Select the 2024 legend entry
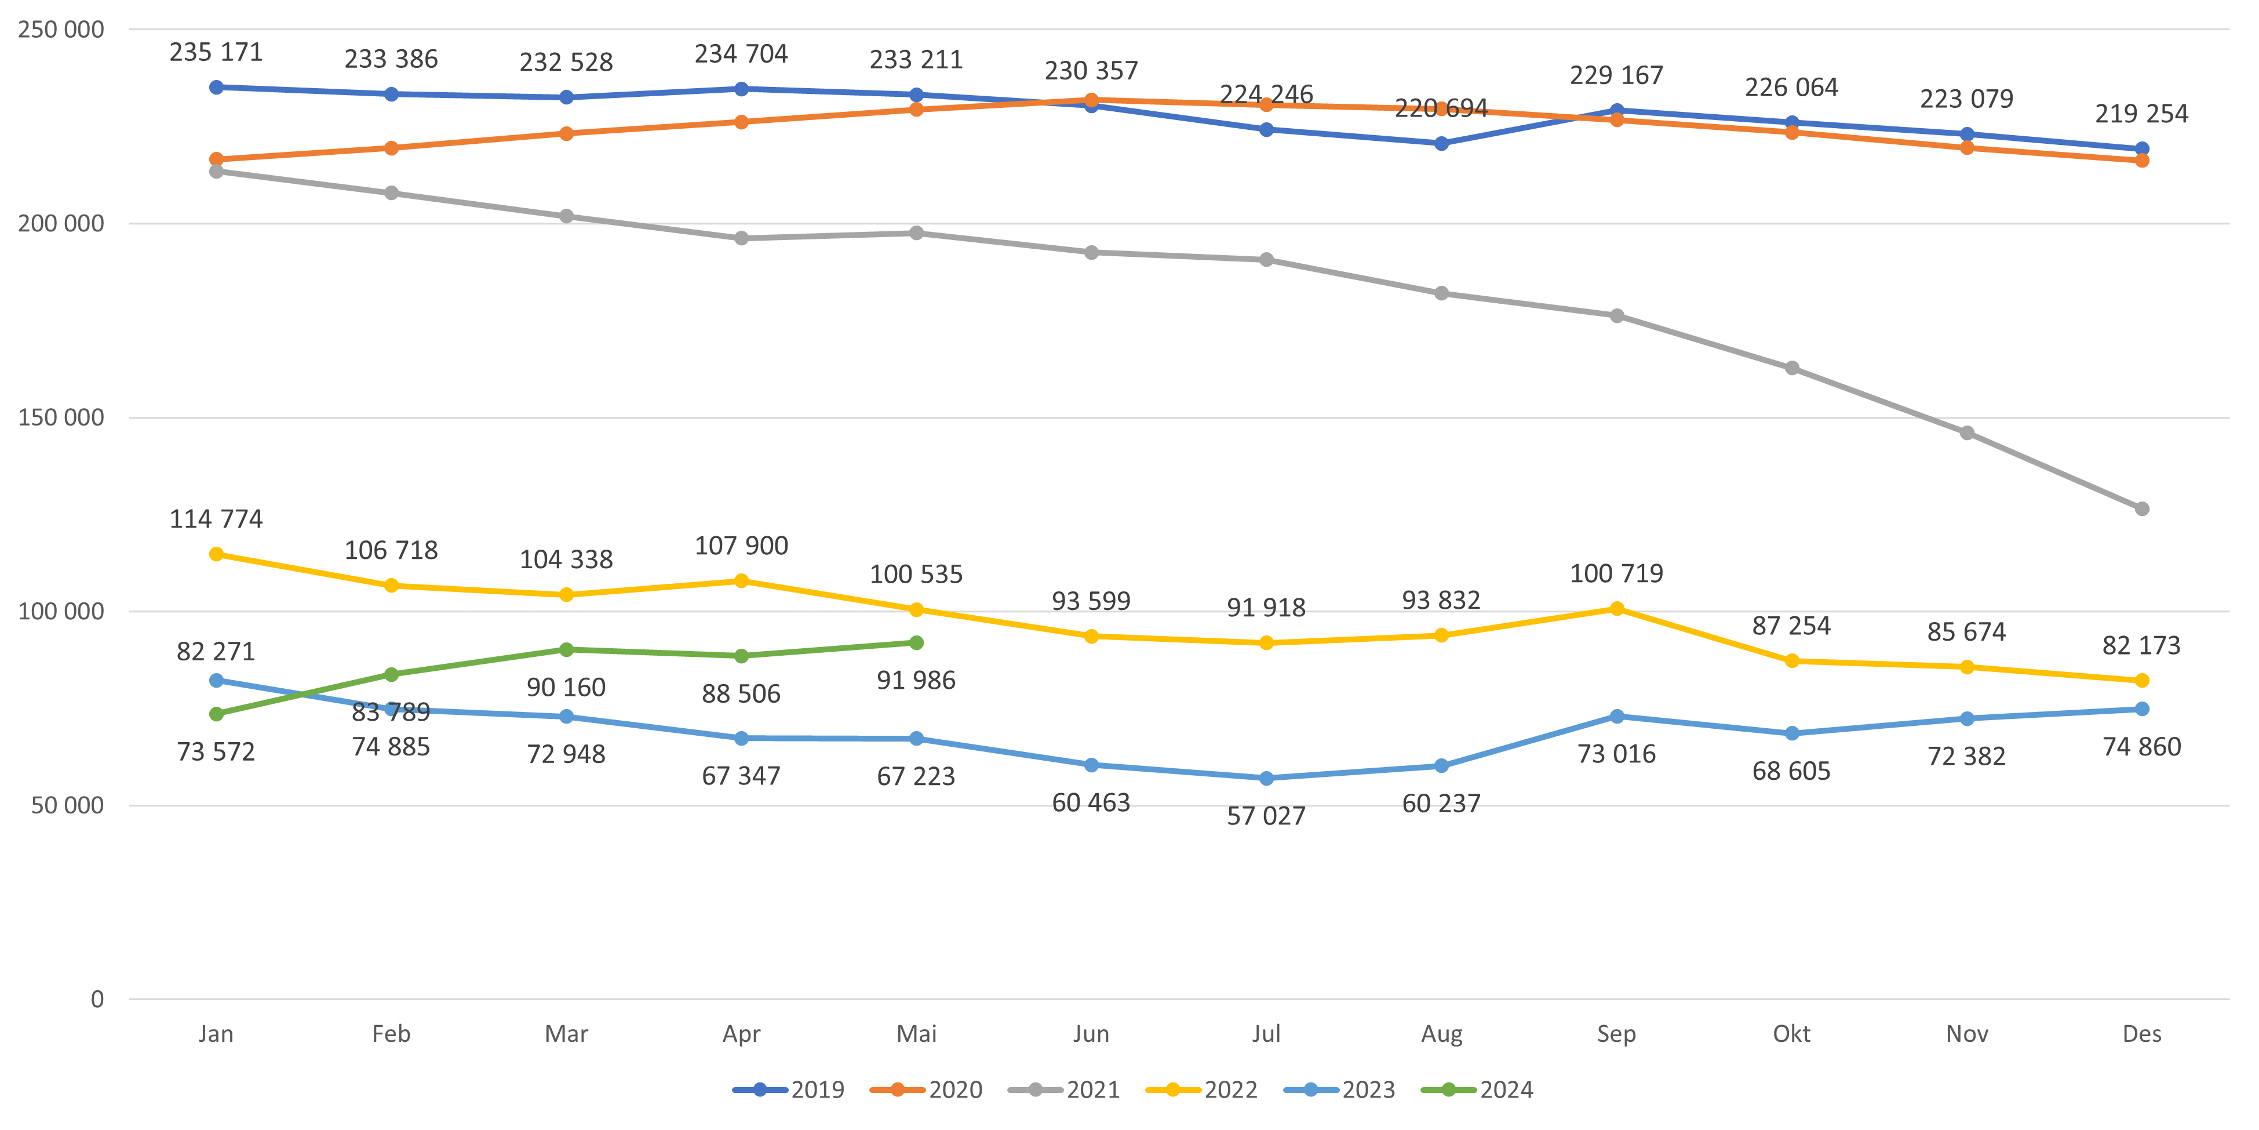[1478, 1089]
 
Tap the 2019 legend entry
[789, 1089]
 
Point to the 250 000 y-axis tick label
[60, 30]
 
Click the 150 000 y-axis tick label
[60, 417]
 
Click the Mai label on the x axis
[916, 1034]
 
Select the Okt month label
[1791, 1034]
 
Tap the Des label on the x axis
[2141, 1034]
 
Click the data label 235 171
[216, 53]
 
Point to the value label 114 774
[216, 519]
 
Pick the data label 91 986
[916, 681]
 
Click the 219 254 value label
[2141, 114]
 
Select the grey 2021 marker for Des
[2141, 509]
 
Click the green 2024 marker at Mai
[916, 643]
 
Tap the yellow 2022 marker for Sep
[1617, 609]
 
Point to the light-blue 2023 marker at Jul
[1266, 778]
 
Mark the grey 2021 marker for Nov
[1967, 434]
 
